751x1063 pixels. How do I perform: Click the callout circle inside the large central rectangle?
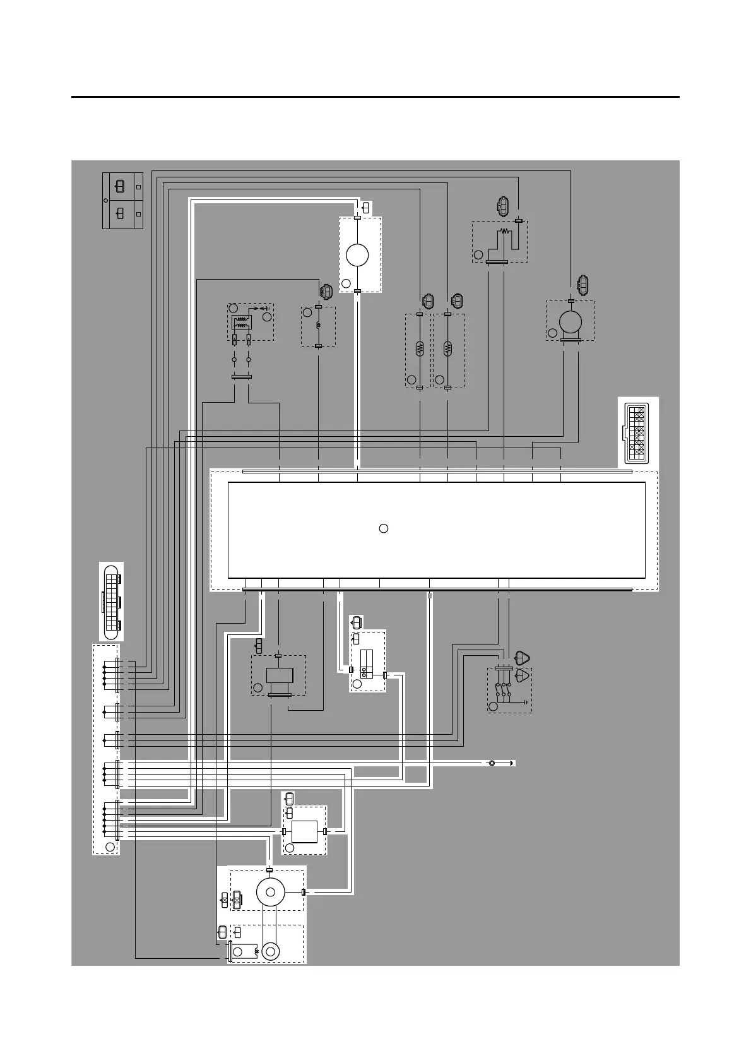(383, 528)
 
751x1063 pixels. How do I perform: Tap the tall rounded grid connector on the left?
(112, 600)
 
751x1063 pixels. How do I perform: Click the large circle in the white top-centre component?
(358, 256)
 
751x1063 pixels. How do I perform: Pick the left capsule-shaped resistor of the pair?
(420, 348)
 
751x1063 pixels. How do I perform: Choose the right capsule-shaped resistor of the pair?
(448, 348)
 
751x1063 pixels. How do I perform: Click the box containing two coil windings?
(240, 323)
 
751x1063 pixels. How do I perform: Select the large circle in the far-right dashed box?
(571, 323)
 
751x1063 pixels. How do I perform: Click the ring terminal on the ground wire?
(492, 763)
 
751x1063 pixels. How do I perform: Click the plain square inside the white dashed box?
(305, 831)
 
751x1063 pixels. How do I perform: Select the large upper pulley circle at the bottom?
(271, 892)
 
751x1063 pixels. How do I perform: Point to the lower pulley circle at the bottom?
(271, 951)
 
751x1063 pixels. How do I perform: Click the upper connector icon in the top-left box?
(119, 187)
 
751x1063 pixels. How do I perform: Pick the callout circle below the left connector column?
(110, 846)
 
